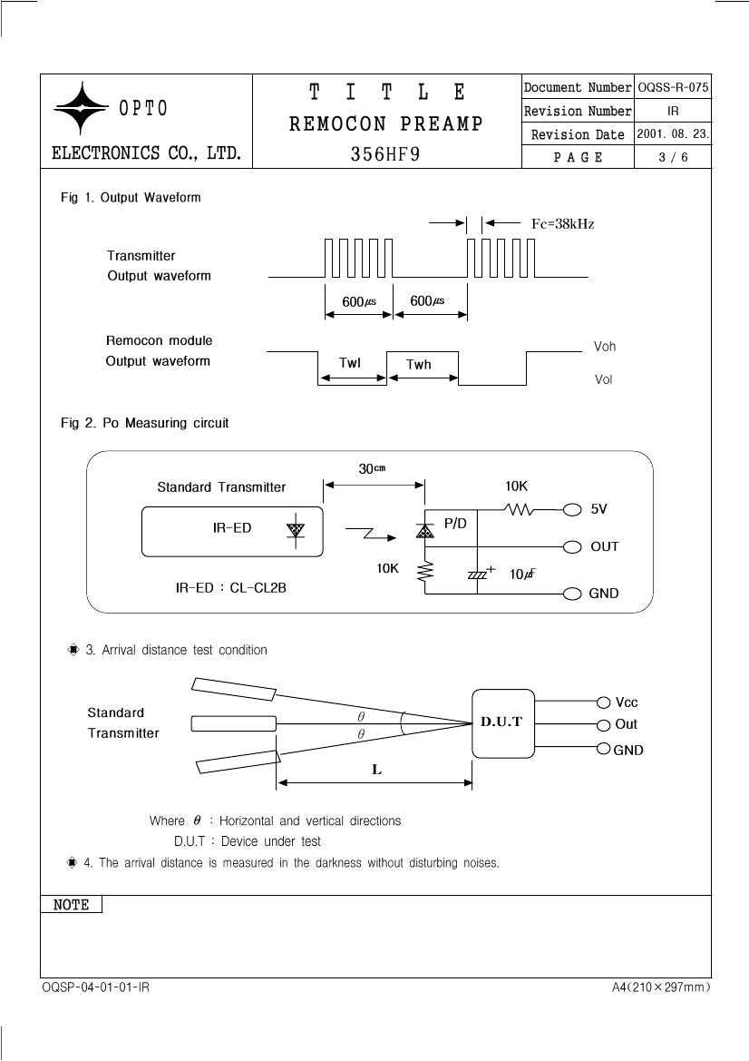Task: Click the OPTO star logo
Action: (81, 108)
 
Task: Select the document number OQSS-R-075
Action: (673, 87)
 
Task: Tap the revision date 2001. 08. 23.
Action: (673, 133)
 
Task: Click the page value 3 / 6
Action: (674, 157)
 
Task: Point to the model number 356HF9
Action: (385, 154)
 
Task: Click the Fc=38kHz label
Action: (562, 224)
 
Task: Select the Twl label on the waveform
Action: (349, 363)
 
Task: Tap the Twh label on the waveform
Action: (418, 364)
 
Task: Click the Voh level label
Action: (604, 347)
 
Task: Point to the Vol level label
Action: (603, 379)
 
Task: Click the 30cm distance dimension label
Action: (372, 468)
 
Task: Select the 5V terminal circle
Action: (572, 509)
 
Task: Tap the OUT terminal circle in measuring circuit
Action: (572, 546)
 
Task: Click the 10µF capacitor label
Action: (522, 574)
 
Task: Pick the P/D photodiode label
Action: (455, 523)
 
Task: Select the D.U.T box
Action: (503, 723)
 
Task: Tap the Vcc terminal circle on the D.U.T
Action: (604, 702)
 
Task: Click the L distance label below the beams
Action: (376, 770)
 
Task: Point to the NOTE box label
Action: (71, 905)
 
